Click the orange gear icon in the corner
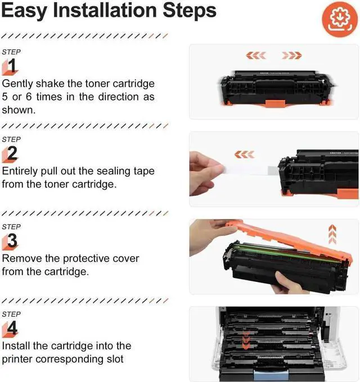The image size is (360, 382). [x=340, y=19]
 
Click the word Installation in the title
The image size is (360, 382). [x=105, y=11]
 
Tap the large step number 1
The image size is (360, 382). [x=12, y=66]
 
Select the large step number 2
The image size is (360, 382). [x=12, y=153]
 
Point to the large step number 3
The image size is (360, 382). [x=12, y=240]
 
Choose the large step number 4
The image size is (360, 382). [x=12, y=328]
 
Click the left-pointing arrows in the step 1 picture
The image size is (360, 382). [x=256, y=55]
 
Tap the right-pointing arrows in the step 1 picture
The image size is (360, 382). [x=292, y=55]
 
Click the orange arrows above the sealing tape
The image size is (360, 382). [x=244, y=154]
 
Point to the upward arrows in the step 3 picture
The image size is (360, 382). [x=332, y=234]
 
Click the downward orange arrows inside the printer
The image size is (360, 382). [x=246, y=340]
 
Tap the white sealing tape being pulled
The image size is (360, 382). [x=249, y=170]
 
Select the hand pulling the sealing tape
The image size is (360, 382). [x=206, y=174]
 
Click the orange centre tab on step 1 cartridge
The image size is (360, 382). [x=275, y=103]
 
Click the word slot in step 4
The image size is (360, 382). [x=115, y=359]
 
